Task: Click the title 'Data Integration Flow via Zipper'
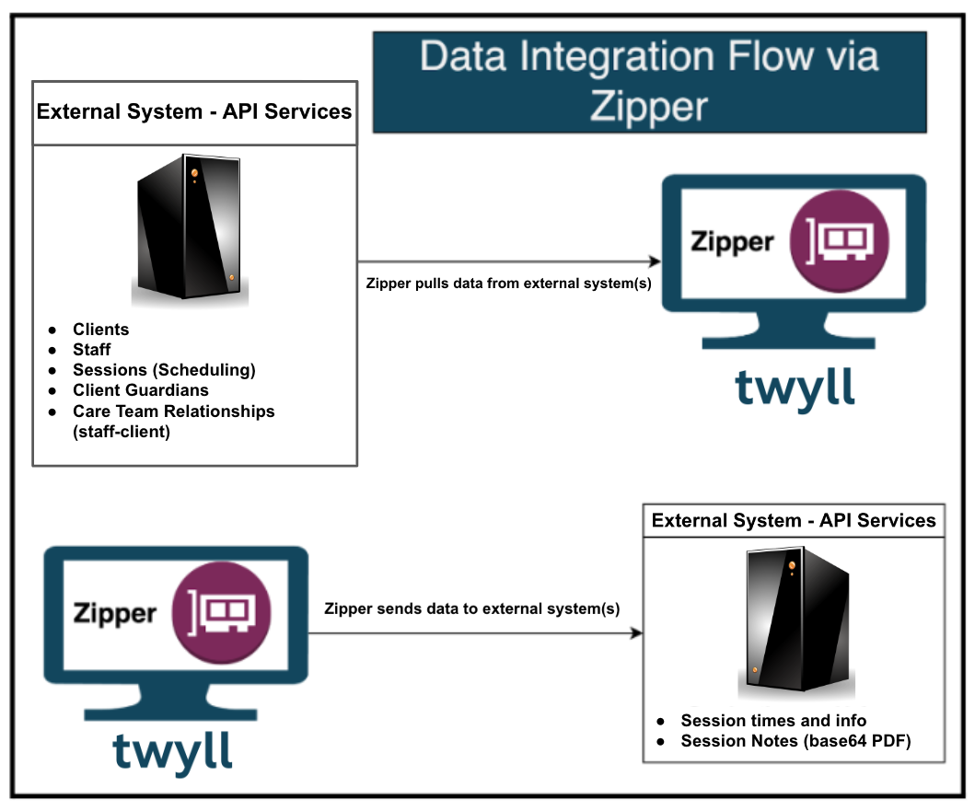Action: (x=649, y=81)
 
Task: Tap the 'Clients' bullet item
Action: (x=100, y=329)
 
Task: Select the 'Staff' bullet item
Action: (x=91, y=350)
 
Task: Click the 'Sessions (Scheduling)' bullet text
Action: (x=164, y=370)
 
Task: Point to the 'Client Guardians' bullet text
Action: (x=141, y=390)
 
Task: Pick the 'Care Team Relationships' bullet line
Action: (x=173, y=411)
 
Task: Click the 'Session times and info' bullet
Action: (x=773, y=720)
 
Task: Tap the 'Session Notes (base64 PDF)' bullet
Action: (x=795, y=741)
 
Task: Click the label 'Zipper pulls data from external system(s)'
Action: (x=508, y=284)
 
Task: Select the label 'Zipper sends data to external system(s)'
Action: (x=472, y=608)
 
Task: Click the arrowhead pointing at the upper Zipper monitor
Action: (x=655, y=261)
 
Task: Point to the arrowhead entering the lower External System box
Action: (x=637, y=633)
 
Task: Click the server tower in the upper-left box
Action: (x=190, y=227)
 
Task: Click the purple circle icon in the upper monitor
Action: (x=840, y=241)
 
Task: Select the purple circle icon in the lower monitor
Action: (x=221, y=612)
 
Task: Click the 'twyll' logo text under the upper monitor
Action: (x=795, y=388)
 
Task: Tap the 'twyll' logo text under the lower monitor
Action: (x=173, y=752)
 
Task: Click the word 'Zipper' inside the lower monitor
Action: (x=114, y=614)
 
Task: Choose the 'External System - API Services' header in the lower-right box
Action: (x=794, y=520)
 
